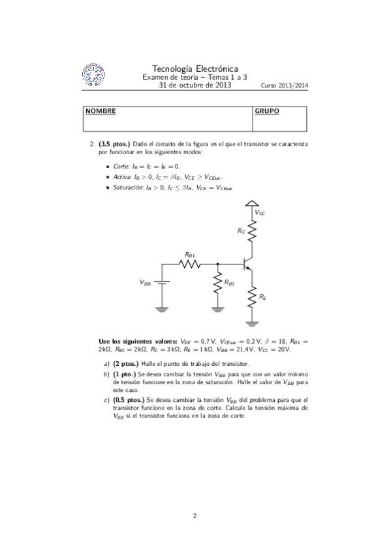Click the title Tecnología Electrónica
(195, 69)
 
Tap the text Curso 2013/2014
(284, 86)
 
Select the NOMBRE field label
(101, 111)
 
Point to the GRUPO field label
(266, 111)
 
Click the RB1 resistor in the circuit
(191, 263)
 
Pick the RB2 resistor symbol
(217, 283)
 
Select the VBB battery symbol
(163, 282)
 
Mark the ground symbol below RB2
(217, 309)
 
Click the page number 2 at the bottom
(195, 516)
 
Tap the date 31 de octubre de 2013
(195, 85)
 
